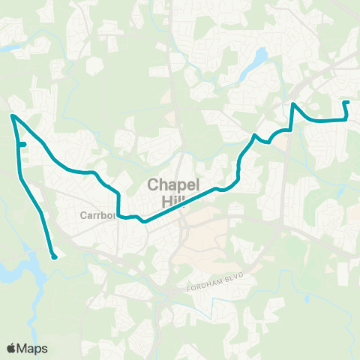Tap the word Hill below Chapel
172,200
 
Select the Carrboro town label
97,215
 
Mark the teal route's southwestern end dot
55,257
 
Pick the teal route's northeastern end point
345,102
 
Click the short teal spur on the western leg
22,144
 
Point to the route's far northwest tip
12,115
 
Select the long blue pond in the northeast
259,57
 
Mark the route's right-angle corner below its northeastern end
346,118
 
